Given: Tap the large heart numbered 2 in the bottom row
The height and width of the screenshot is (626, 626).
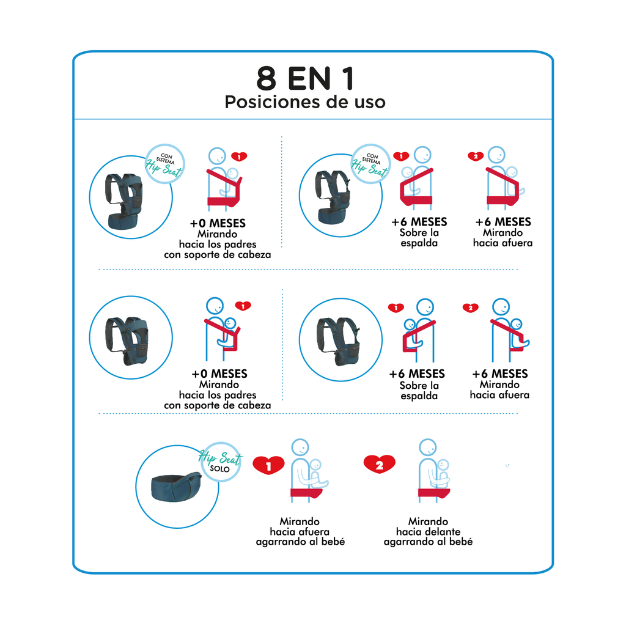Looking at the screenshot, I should click(x=379, y=465).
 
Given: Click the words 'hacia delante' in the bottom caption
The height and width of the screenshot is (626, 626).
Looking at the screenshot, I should click(x=428, y=532).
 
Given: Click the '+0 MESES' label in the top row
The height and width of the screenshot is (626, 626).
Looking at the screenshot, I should click(x=218, y=223).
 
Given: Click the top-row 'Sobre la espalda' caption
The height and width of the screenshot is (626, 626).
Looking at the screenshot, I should click(x=419, y=238).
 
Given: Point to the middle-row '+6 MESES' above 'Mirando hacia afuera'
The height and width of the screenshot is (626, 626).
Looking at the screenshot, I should click(x=500, y=374).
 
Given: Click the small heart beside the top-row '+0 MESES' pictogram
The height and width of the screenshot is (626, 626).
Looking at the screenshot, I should click(x=240, y=156).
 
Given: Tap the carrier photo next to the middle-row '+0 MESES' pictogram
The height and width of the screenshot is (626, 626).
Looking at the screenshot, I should click(x=130, y=338).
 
